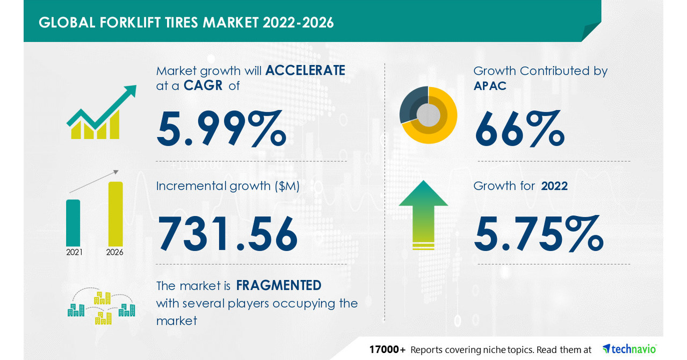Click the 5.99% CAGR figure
[221, 128]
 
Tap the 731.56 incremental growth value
[227, 235]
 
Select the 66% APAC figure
[519, 128]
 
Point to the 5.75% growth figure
[538, 235]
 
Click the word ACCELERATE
[305, 70]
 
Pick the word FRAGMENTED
[279, 285]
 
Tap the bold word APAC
[490, 85]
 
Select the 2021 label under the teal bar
[74, 251]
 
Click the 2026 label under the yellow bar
[115, 251]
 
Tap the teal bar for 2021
[73, 222]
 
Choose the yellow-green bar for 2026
[115, 213]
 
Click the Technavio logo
[629, 349]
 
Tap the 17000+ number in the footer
[387, 349]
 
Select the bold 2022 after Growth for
[554, 186]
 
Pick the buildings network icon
[100, 307]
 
